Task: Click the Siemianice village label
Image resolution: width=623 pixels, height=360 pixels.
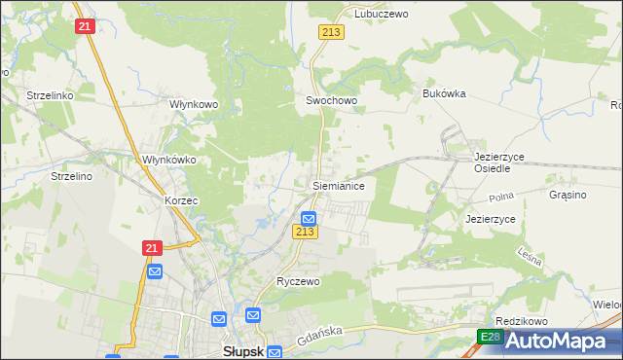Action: click(338, 184)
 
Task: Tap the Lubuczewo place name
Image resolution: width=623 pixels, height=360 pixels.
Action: click(381, 15)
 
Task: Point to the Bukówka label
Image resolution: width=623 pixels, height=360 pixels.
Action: click(444, 93)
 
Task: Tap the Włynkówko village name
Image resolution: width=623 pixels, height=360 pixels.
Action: click(169, 160)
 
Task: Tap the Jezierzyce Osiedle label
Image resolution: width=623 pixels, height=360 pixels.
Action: click(497, 162)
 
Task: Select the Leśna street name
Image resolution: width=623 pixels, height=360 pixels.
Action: click(529, 256)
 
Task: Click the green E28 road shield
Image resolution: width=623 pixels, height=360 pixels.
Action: click(490, 338)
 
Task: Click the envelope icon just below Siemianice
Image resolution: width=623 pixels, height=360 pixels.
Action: click(309, 218)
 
